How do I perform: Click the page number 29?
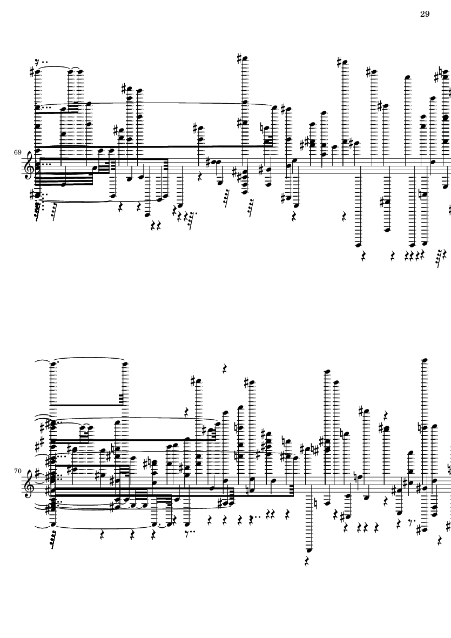[x=424, y=14]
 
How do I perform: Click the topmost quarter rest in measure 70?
[x=224, y=369]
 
